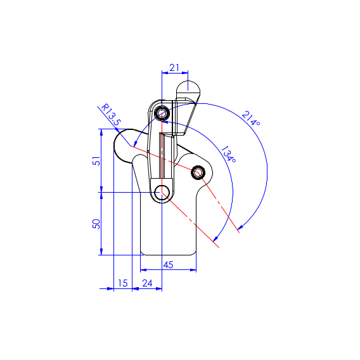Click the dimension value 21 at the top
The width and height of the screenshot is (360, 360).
click(x=174, y=68)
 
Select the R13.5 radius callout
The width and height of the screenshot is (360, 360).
click(x=111, y=115)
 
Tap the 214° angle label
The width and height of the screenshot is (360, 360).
click(x=251, y=119)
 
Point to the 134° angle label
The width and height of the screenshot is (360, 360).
click(x=228, y=154)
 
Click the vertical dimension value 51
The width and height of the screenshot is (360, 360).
click(x=96, y=161)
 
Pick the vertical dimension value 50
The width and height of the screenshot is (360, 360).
click(x=96, y=224)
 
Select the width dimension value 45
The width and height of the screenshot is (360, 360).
click(x=168, y=265)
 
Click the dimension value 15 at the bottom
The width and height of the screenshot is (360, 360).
click(x=122, y=283)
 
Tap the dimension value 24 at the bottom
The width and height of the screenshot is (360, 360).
click(x=147, y=283)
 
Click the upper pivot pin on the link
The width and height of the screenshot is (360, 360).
click(x=162, y=113)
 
